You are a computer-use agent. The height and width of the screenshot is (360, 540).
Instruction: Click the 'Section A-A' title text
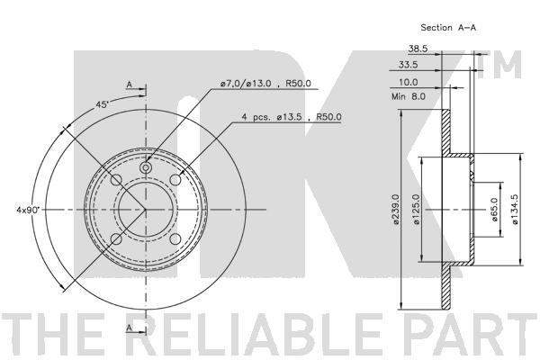pyautogui.click(x=447, y=29)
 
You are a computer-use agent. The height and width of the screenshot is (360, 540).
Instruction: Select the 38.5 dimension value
pyautogui.click(x=417, y=49)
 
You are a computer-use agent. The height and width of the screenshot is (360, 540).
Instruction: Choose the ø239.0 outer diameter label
pyautogui.click(x=395, y=211)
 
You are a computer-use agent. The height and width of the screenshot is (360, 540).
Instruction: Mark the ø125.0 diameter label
pyautogui.click(x=415, y=211)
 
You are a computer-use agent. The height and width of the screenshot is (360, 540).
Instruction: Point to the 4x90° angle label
pyautogui.click(x=28, y=210)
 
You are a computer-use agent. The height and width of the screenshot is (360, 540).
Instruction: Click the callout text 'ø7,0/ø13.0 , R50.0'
pyautogui.click(x=265, y=84)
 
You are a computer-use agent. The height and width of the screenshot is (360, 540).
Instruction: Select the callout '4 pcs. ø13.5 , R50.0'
pyautogui.click(x=292, y=117)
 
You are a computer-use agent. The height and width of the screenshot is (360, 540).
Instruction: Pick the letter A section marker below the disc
pyautogui.click(x=130, y=329)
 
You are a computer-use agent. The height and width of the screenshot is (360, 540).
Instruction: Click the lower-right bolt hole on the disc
pyautogui.click(x=177, y=240)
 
